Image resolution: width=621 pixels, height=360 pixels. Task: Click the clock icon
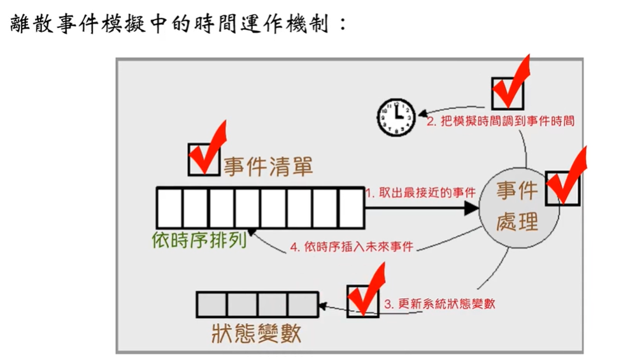point(396,117)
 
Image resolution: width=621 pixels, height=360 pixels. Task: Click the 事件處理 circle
point(517,206)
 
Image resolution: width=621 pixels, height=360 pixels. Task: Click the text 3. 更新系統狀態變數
point(439,304)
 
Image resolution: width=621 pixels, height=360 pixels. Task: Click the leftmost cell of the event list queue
point(170,208)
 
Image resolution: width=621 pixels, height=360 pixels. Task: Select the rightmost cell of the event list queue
point(350,208)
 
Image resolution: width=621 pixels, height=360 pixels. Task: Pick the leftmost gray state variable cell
point(211,305)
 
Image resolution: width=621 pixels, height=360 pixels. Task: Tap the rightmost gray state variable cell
point(302,305)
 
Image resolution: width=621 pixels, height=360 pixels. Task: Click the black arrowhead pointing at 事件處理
point(471,208)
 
